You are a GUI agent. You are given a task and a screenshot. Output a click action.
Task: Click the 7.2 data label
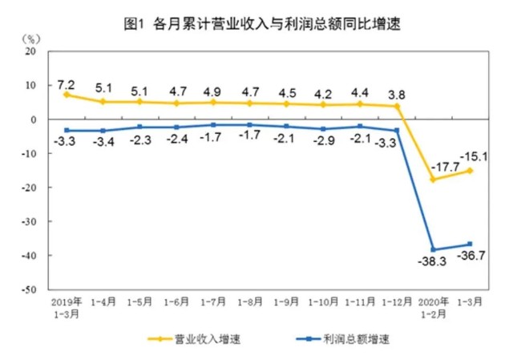[67, 83]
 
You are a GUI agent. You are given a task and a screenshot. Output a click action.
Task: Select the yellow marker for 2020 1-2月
[434, 179]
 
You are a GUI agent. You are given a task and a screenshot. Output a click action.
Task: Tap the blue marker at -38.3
[434, 249]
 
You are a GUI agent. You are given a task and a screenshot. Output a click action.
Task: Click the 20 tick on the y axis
[31, 51]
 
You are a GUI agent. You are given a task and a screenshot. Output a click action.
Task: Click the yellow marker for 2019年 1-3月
[67, 95]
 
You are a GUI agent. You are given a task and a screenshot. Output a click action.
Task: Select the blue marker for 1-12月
[397, 131]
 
